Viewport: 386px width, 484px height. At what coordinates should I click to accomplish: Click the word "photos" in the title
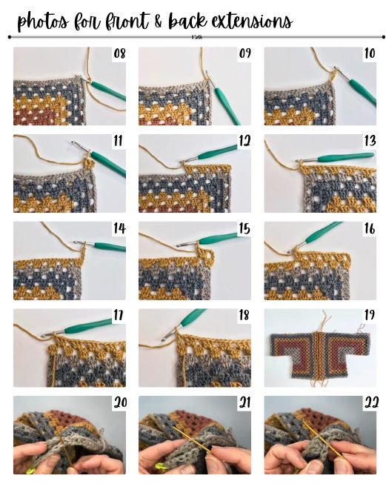tap(43, 22)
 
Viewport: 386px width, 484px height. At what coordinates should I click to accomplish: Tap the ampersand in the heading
tap(159, 21)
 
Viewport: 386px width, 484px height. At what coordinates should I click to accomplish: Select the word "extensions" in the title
tap(252, 21)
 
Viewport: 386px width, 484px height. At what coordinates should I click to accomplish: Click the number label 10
tap(370, 53)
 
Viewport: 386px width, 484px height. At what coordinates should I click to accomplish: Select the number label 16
tap(369, 229)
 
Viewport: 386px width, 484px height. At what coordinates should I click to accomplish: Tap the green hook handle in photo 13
tap(346, 157)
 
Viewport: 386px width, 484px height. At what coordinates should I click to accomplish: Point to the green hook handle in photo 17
tap(89, 326)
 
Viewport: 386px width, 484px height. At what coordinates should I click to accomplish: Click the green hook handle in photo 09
tap(227, 105)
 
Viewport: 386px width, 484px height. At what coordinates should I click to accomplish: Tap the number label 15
tap(244, 229)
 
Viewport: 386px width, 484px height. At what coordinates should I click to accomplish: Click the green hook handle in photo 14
tap(110, 247)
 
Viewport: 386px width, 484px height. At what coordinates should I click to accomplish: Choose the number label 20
tap(120, 402)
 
